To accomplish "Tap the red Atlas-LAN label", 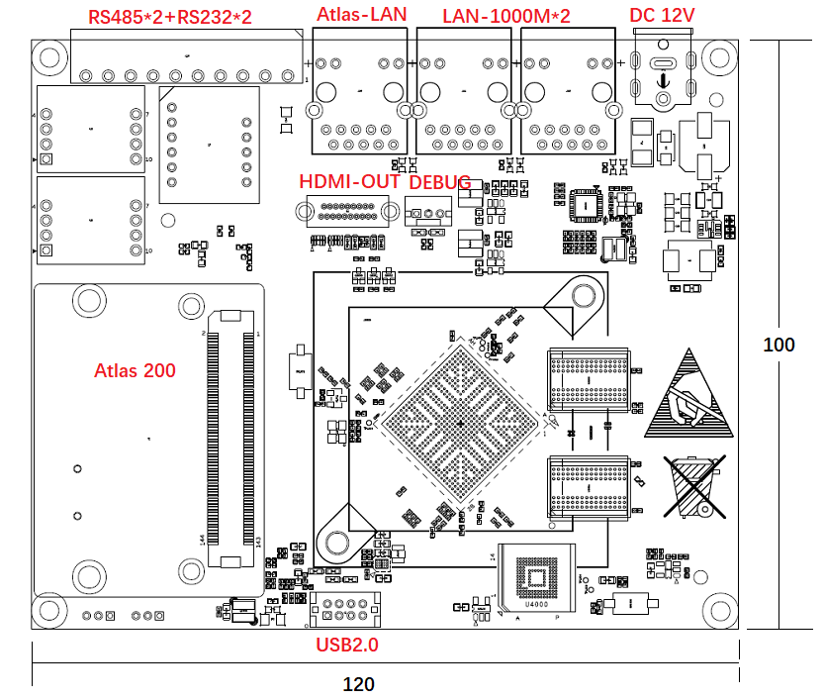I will [361, 16].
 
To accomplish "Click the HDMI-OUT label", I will [349, 182].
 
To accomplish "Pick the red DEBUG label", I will [440, 182].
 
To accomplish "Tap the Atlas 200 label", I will [135, 370].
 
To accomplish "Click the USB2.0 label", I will [347, 645].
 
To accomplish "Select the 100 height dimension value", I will [779, 345].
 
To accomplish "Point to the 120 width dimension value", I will [358, 683].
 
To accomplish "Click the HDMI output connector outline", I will [341, 212].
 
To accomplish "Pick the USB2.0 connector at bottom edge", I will [344, 610].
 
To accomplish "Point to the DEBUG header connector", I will [427, 211].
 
